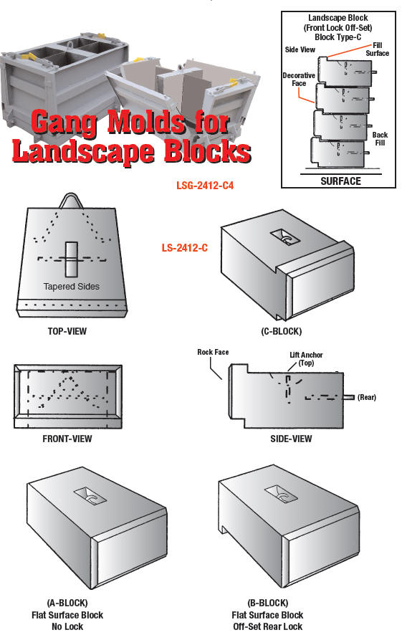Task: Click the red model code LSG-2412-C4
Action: pyautogui.click(x=205, y=185)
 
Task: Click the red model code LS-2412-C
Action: pyautogui.click(x=184, y=249)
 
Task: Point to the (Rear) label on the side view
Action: pyautogui.click(x=366, y=397)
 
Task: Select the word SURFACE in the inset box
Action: pyautogui.click(x=340, y=181)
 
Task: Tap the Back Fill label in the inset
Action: pyautogui.click(x=380, y=139)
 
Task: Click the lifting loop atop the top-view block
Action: pyautogui.click(x=72, y=199)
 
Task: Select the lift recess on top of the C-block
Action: pyautogui.click(x=283, y=237)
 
